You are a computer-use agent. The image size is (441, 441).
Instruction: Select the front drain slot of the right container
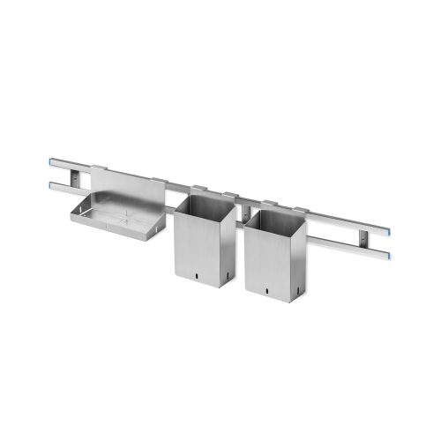click(262, 288)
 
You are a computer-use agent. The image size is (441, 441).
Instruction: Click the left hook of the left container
click(198, 186)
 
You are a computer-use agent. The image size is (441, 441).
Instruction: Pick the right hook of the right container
click(302, 210)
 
